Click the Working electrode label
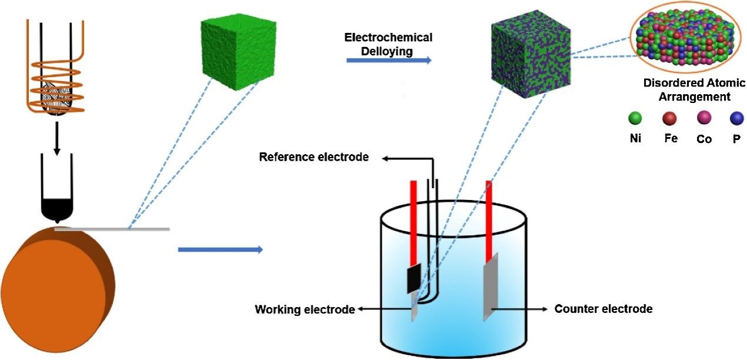click(305, 309)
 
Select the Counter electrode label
click(603, 309)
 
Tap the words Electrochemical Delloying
click(388, 44)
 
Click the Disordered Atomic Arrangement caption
click(686, 90)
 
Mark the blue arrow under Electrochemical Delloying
click(388, 60)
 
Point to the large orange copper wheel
click(56, 288)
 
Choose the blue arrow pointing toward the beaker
click(220, 250)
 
